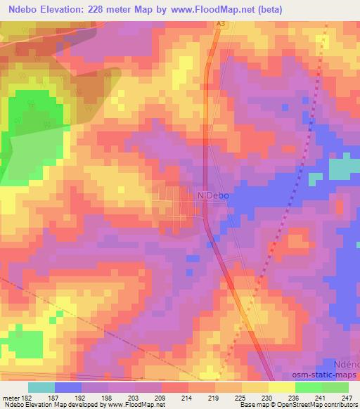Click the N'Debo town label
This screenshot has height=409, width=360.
pos(213,196)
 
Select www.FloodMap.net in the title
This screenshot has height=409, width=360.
pos(229,8)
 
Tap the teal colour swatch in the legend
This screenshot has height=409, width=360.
pos(41,387)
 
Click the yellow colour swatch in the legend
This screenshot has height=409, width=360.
pos(281,387)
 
